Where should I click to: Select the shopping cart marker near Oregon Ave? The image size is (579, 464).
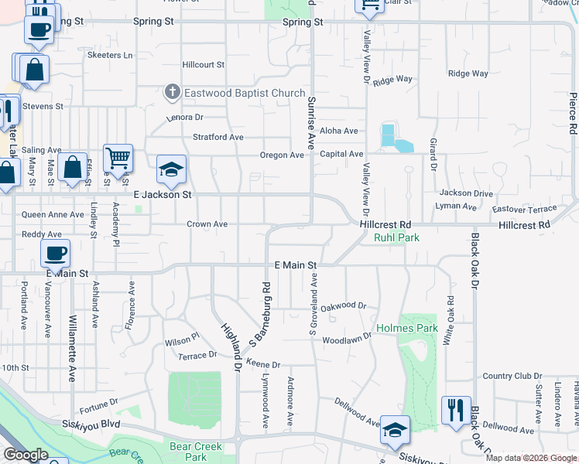[118, 159]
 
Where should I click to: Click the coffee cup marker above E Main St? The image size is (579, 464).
[56, 253]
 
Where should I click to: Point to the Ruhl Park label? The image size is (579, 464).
[396, 237]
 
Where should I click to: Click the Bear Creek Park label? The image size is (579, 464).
[196, 452]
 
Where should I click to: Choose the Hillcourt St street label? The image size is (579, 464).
[203, 65]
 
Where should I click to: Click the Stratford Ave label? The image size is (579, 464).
[218, 137]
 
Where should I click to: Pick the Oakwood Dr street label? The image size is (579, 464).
[343, 305]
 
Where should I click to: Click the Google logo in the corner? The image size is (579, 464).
[26, 455]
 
